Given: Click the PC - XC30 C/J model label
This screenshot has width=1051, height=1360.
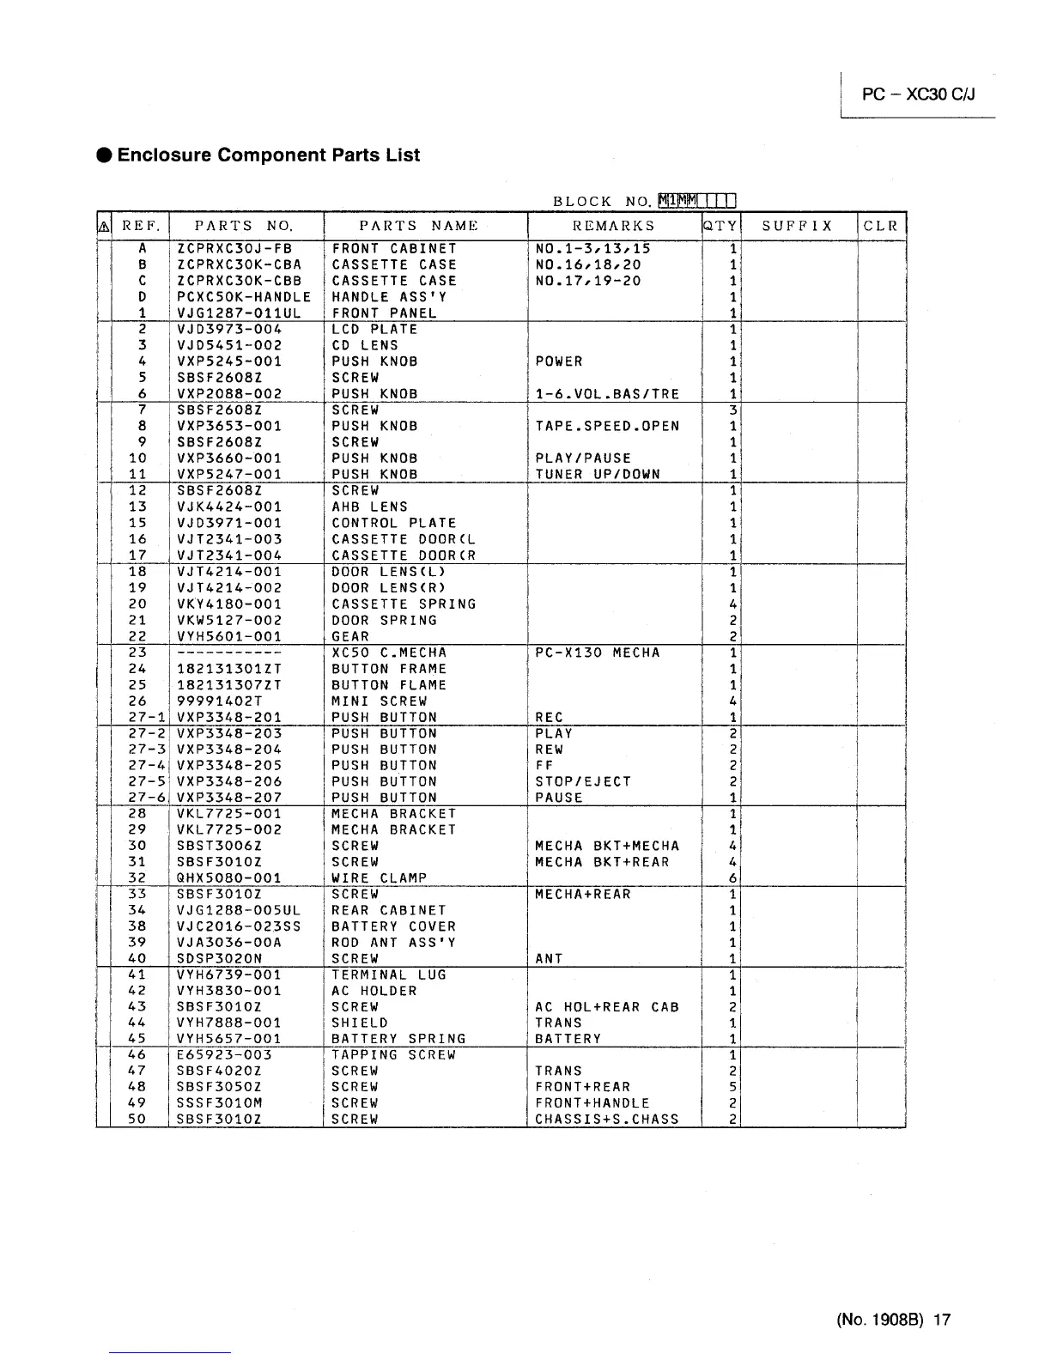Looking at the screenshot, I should coord(919,94).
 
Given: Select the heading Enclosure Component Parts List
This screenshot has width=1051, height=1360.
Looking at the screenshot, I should coord(268,155).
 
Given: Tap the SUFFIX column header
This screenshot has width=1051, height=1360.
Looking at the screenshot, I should coord(798,227).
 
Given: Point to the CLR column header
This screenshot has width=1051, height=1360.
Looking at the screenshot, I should coord(881,227).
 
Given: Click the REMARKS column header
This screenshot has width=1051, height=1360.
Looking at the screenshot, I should coord(613,227).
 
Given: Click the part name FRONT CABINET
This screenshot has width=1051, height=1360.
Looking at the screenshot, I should coord(394,249).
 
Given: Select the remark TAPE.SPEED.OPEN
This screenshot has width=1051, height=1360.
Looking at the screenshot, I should coord(607,427).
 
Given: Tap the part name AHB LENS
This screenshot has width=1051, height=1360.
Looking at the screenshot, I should coord(369,507).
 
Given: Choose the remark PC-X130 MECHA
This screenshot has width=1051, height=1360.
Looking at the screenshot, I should coord(598,653).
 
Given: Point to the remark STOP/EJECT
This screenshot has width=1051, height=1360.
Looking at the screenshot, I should coord(583,781).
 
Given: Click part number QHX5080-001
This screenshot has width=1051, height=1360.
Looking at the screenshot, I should coord(228,878).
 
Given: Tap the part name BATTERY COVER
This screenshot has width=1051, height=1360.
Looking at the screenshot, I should coord(393,926).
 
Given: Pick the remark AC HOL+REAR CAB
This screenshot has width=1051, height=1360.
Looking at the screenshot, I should coord(607,1007).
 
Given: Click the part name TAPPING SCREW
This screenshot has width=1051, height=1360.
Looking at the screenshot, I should coord(393,1055).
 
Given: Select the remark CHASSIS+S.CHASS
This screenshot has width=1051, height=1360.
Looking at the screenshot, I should coord(607,1120).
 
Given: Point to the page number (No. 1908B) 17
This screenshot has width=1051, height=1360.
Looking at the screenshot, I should coord(893,1321).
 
